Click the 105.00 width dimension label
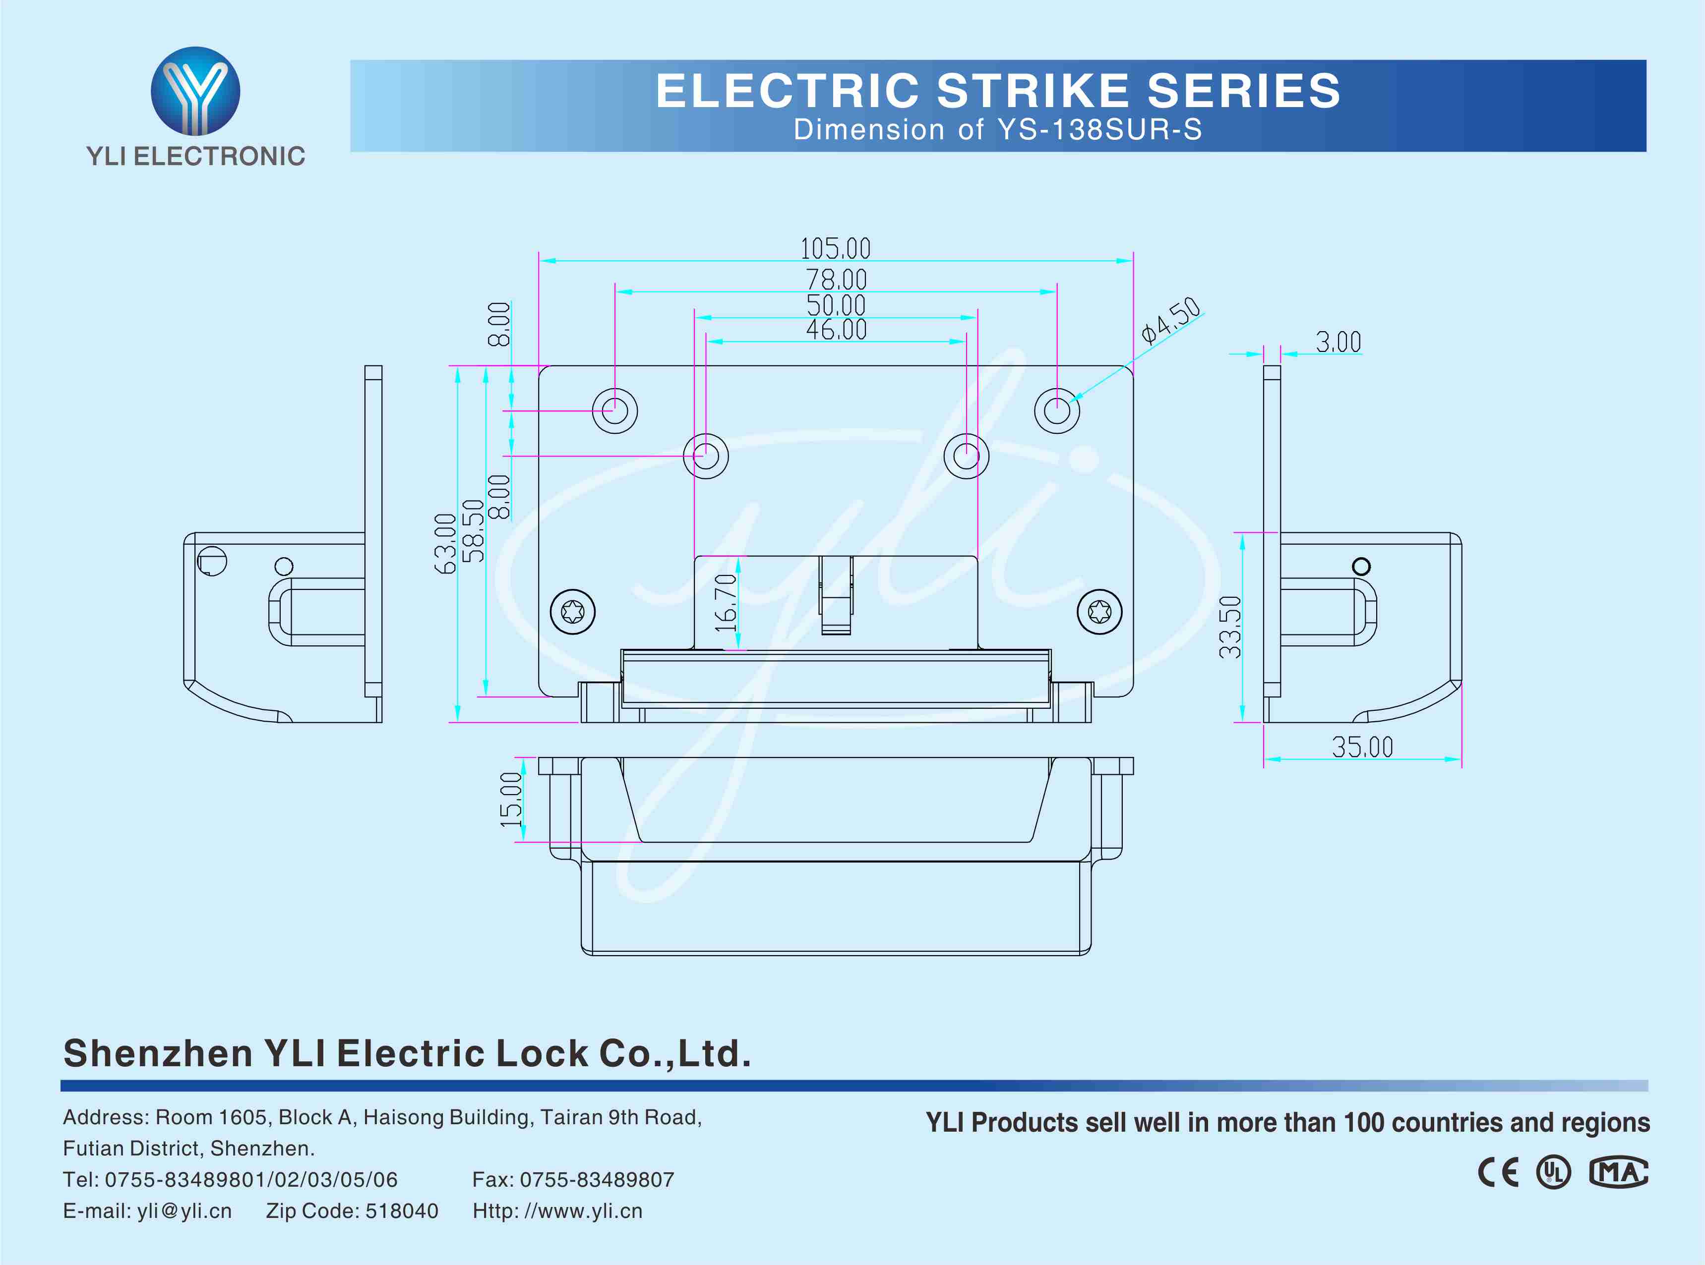[x=835, y=248]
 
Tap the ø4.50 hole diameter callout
[x=1170, y=319]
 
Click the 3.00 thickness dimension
[x=1338, y=342]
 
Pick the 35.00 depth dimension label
[x=1362, y=747]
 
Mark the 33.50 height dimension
[x=1230, y=627]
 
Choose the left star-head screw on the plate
[x=572, y=612]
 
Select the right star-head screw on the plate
[x=1099, y=612]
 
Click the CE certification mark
[x=1498, y=1172]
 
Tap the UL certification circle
[x=1553, y=1172]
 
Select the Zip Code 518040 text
[x=352, y=1210]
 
